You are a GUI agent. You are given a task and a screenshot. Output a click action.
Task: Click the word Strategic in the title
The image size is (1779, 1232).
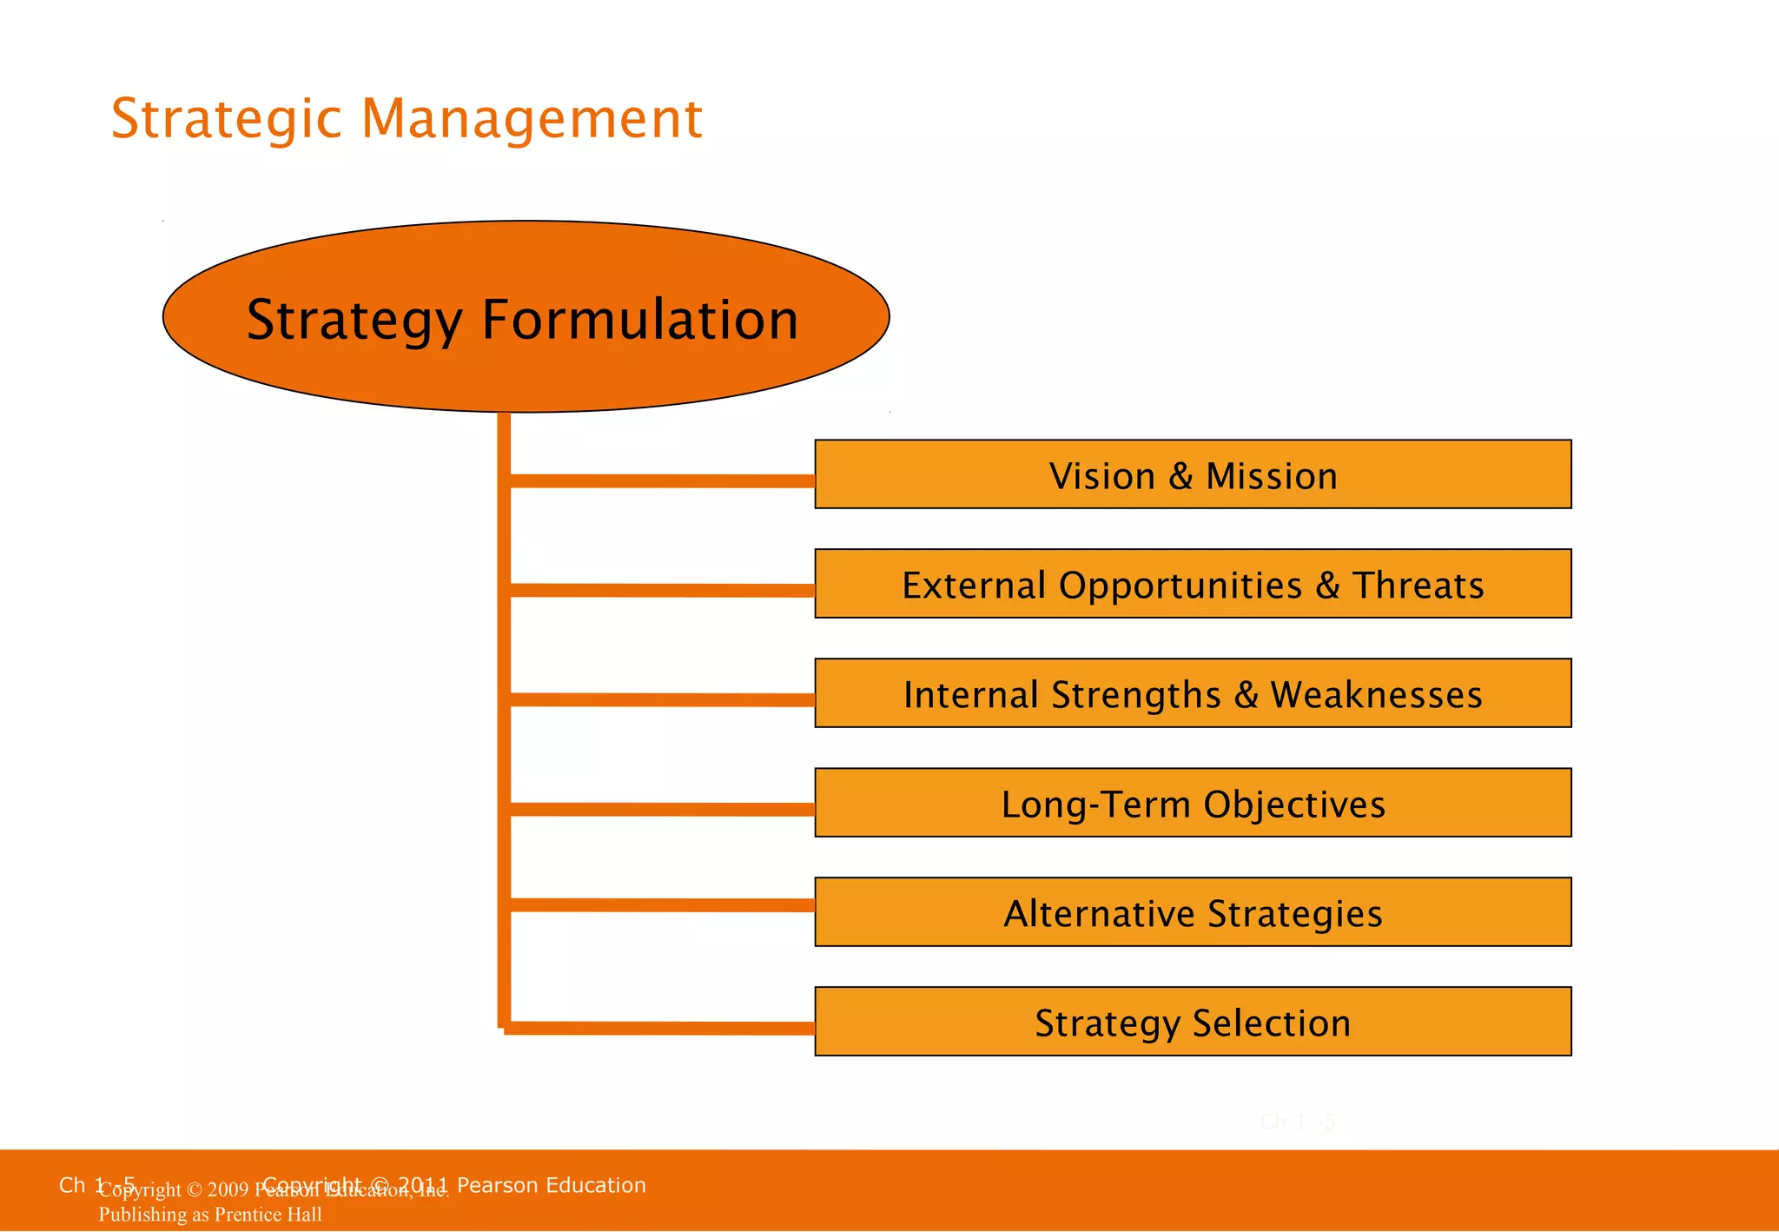[227, 119]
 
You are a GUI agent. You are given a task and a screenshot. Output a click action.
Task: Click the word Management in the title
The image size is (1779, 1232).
[531, 119]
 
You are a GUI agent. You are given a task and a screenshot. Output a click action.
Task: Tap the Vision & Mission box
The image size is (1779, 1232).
[1193, 474]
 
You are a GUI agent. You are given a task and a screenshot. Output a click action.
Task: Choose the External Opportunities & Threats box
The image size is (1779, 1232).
[1193, 584]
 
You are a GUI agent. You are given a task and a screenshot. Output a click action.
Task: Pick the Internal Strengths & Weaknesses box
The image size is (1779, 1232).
[1193, 693]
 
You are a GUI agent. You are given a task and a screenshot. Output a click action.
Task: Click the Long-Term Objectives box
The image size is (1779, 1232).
[1193, 803]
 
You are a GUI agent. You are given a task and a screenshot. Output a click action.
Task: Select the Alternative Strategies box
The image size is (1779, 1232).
[1193, 912]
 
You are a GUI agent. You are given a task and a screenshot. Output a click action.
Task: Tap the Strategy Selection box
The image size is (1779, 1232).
[1193, 1022]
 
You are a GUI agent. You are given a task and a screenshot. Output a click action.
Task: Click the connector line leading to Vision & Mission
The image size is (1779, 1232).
[660, 480]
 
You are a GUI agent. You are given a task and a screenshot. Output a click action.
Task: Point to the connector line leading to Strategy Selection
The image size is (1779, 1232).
[660, 1029]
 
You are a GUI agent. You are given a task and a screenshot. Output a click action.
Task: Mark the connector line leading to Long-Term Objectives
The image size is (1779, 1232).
[660, 810]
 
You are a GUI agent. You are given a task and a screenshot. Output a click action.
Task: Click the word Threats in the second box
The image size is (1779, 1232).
[1418, 586]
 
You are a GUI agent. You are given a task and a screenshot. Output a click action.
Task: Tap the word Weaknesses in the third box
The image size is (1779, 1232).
[1376, 695]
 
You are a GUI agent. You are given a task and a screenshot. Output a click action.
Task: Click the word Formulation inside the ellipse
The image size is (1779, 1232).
[639, 320]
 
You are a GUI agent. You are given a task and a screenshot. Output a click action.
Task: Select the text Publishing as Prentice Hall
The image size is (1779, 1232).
[210, 1215]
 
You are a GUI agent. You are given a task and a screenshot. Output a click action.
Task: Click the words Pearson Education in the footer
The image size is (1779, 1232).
[551, 1185]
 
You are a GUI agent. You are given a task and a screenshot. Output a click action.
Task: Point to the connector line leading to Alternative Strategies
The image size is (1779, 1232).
[660, 905]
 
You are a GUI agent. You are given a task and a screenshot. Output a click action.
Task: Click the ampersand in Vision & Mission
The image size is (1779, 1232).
[1180, 476]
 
